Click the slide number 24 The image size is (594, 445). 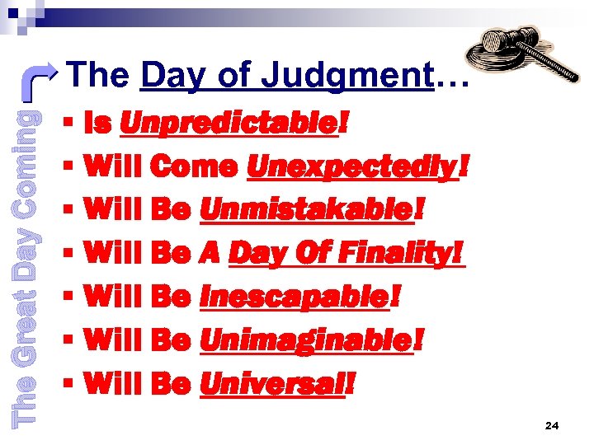pyautogui.click(x=552, y=425)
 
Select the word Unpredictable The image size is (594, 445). pyautogui.click(x=229, y=124)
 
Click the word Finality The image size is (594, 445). pyautogui.click(x=404, y=253)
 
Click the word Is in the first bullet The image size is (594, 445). pyautogui.click(x=98, y=124)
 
